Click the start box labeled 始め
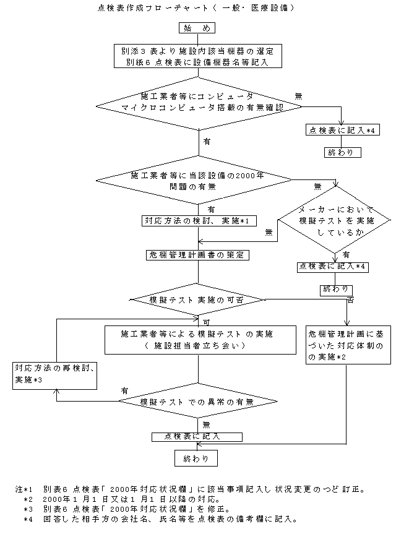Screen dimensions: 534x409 (x=197, y=27)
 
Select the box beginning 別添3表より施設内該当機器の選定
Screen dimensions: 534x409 (x=197, y=56)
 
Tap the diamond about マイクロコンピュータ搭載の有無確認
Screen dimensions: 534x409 (x=197, y=102)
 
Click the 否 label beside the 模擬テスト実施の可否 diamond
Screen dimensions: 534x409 (x=350, y=299)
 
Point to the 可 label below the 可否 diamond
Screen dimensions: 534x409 (x=205, y=322)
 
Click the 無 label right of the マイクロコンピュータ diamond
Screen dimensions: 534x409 (x=299, y=96)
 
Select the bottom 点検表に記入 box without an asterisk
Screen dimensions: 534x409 (x=196, y=436)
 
